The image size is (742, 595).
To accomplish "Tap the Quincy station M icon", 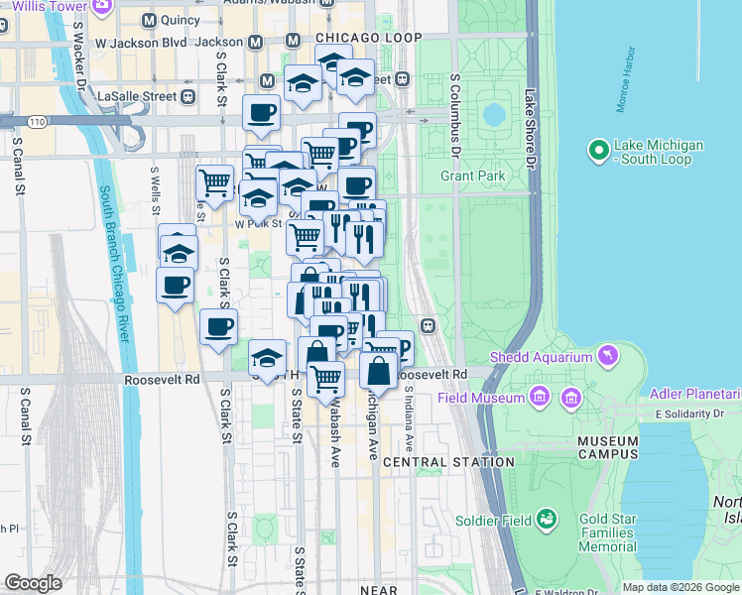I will (x=149, y=20).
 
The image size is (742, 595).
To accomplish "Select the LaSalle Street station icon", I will (x=186, y=96).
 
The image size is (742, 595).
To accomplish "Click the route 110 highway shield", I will (x=37, y=121).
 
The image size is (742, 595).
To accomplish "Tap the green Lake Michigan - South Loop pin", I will (x=598, y=152).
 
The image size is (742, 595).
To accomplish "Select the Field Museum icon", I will (x=539, y=398).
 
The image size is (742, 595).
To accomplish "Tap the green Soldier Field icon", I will (x=546, y=518).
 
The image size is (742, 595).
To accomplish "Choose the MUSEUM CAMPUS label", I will (x=594, y=448).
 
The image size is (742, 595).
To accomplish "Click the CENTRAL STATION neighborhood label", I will (x=449, y=462).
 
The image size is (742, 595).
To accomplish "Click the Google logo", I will (x=34, y=583).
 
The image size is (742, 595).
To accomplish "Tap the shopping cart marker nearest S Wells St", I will (x=214, y=182).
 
